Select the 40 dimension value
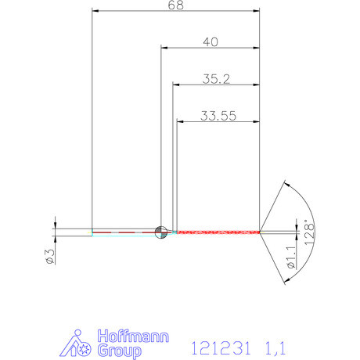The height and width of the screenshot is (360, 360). (210, 42)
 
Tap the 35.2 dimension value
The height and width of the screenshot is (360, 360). (216, 79)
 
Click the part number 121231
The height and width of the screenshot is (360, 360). (218, 344)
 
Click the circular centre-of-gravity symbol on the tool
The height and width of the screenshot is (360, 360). (161, 231)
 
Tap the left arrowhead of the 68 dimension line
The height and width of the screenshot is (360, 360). (96, 11)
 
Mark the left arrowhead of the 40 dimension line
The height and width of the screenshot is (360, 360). (165, 48)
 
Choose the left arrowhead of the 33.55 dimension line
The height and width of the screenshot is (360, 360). (181, 121)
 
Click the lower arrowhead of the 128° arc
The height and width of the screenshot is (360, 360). (286, 279)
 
